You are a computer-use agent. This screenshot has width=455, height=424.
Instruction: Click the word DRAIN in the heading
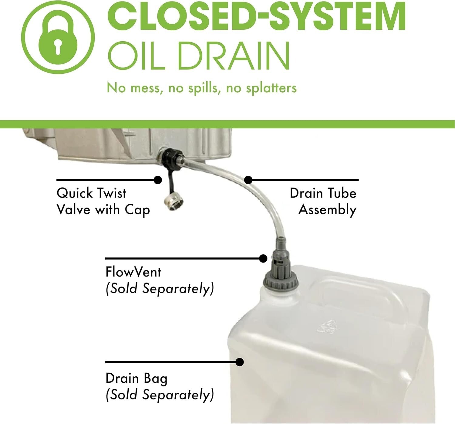(x=234, y=56)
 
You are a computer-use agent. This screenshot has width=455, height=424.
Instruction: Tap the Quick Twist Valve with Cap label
(x=103, y=201)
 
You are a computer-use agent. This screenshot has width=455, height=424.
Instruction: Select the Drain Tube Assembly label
(x=323, y=201)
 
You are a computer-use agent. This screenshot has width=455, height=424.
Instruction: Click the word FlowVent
(x=133, y=272)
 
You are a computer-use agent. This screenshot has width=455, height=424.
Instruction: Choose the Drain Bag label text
(x=136, y=378)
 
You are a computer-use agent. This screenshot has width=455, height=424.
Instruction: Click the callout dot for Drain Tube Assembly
(x=248, y=180)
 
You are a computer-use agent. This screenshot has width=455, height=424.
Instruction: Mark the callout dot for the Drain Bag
(x=240, y=362)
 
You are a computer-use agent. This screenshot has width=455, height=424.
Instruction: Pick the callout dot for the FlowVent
(x=263, y=259)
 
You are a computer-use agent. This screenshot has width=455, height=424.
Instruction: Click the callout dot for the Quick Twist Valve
(x=158, y=180)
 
